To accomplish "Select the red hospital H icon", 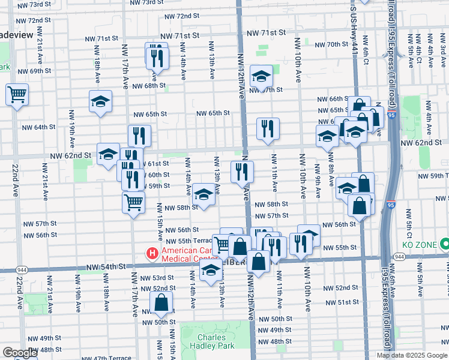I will point(152,254).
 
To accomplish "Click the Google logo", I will point(19,353).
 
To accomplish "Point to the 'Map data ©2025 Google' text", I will point(412,355).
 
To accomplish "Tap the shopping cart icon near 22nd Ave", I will point(17,94).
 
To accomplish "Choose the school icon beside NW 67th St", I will point(261,76).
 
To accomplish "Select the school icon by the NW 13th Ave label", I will point(204,194).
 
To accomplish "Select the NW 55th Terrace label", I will point(185,241).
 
